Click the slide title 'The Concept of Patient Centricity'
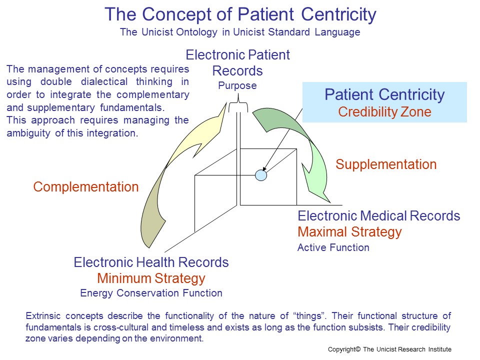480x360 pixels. pyautogui.click(x=240, y=14)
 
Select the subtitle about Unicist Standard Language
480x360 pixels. pyautogui.click(x=240, y=33)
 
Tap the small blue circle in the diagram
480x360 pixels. pyautogui.click(x=261, y=175)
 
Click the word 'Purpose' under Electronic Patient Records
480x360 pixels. pyautogui.click(x=237, y=85)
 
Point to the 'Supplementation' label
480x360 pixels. pyautogui.click(x=386, y=164)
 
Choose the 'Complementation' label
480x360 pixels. pyautogui.click(x=86, y=187)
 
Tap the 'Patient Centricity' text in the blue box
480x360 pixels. pyautogui.click(x=384, y=95)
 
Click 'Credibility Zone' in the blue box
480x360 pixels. pyautogui.click(x=384, y=112)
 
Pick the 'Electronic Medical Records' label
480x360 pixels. pyautogui.click(x=378, y=216)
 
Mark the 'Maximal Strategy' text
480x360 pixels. pyautogui.click(x=349, y=232)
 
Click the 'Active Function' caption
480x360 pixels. pyautogui.click(x=333, y=247)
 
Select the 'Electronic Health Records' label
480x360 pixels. pyautogui.click(x=151, y=262)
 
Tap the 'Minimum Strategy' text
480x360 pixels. pyautogui.click(x=151, y=278)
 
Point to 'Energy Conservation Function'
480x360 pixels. pyautogui.click(x=151, y=293)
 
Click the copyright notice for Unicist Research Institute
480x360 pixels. pyautogui.click(x=389, y=349)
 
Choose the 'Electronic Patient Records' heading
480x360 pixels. pyautogui.click(x=237, y=62)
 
